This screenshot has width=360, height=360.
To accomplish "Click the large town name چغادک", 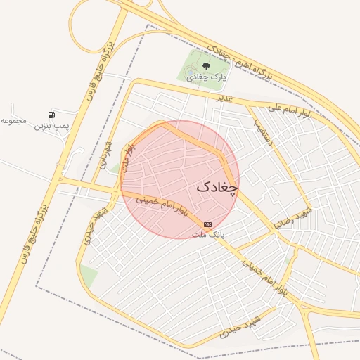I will point(217,187).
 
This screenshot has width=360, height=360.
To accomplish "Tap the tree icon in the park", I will point(206,67).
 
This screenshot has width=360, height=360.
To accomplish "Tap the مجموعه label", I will point(13,120).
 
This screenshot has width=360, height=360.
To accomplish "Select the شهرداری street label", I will point(106,152).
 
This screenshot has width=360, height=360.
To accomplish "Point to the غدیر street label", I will point(224,98).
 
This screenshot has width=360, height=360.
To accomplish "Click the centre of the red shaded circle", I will point(180,179).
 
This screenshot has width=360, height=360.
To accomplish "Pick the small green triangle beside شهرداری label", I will point(115,167).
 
